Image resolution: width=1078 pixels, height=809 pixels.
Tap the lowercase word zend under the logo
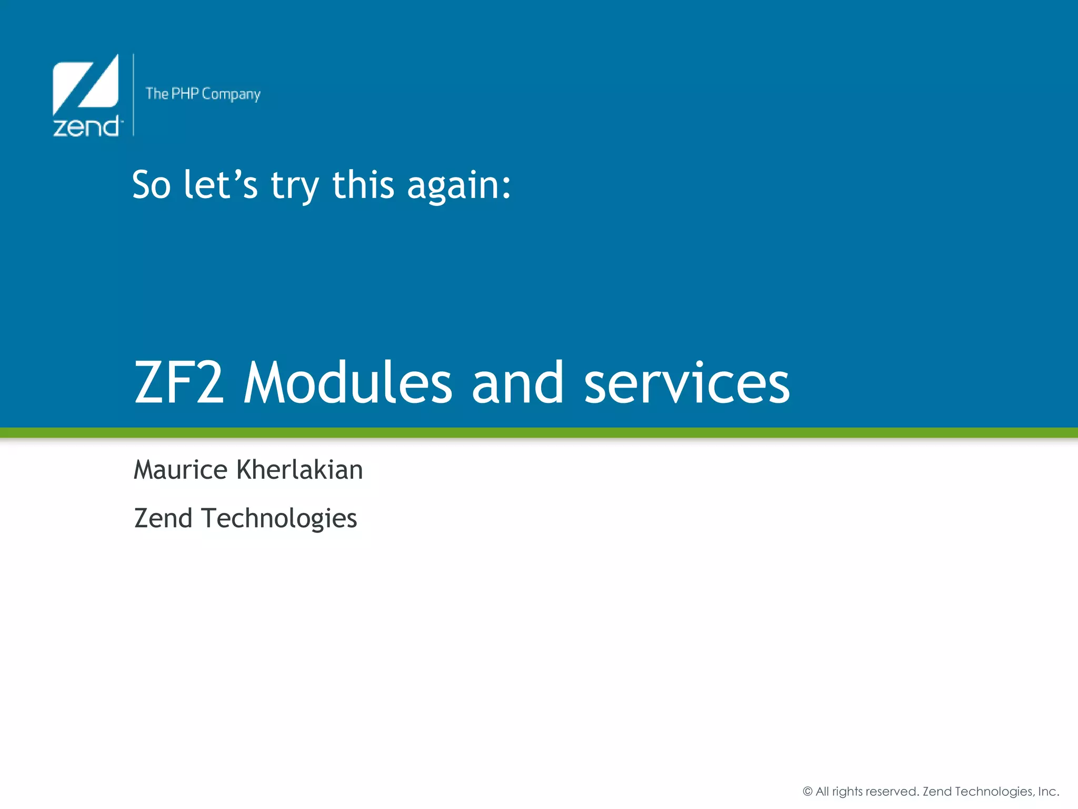point(86,127)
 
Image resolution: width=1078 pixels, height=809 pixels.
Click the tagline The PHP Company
point(203,94)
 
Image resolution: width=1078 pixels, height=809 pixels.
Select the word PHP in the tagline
point(185,94)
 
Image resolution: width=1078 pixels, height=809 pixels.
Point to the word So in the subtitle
point(152,185)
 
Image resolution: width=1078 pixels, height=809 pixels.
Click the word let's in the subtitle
point(221,185)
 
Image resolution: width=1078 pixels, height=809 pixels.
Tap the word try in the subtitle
point(294,187)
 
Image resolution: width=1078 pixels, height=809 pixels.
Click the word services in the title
point(687,383)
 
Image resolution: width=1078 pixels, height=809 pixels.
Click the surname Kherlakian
point(300,469)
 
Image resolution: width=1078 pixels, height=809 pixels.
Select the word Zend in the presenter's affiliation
point(163,518)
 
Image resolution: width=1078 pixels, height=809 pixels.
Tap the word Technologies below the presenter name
point(280,519)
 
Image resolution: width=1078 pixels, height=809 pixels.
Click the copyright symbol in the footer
point(807,791)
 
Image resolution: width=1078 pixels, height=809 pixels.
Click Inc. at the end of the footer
point(1048,791)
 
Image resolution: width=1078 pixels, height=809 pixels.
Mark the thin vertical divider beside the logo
point(133,95)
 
